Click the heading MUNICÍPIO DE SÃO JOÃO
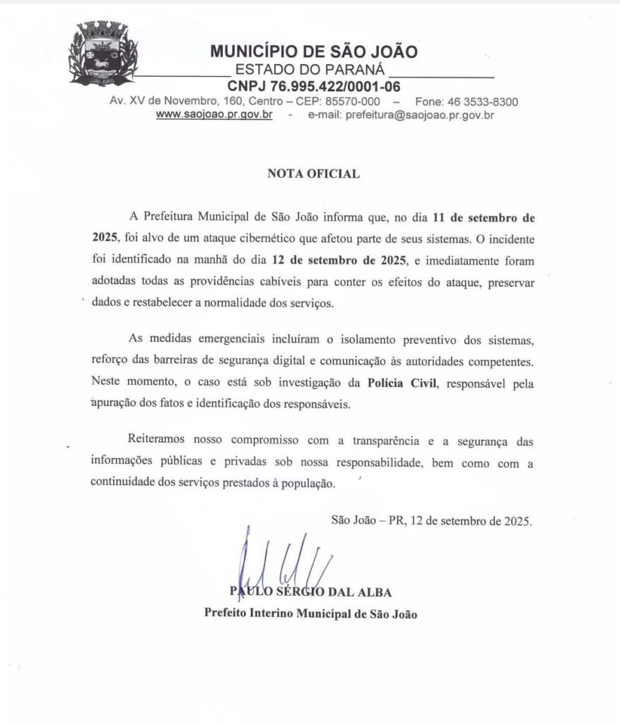coord(313,52)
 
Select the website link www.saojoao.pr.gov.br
coord(214,114)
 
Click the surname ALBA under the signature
coord(374,592)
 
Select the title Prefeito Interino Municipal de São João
coord(310,614)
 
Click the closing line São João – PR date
coord(432,520)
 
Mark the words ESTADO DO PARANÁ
coord(310,70)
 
